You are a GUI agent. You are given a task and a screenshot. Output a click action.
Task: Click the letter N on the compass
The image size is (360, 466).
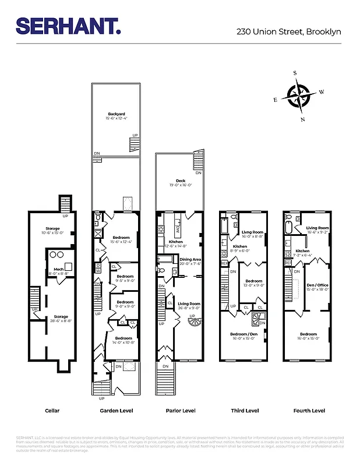[302, 119]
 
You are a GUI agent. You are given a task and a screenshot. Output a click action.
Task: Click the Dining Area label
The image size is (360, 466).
[190, 261]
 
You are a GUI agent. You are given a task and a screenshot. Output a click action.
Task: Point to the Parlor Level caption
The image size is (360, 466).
[181, 411]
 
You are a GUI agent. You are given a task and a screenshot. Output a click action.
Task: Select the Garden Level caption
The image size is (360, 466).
[117, 411]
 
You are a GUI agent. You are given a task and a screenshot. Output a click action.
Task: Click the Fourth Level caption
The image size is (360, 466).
[309, 411]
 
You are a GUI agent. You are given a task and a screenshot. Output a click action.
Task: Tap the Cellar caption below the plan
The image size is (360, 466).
[52, 411]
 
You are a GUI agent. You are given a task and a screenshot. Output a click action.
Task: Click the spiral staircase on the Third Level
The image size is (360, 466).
[257, 320]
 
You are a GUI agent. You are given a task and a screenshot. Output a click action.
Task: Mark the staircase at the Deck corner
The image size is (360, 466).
[199, 158]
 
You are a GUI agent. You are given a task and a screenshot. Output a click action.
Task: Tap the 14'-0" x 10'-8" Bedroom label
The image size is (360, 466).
[123, 340]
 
